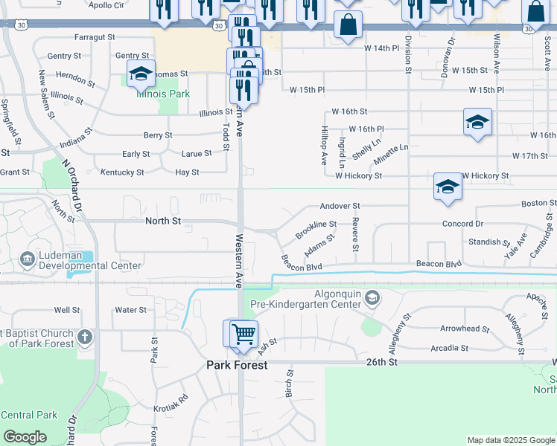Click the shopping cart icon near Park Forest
(x=243, y=333)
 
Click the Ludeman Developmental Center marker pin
(x=28, y=259)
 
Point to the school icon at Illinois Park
(x=140, y=74)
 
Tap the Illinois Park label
(x=162, y=94)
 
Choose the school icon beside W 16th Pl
(x=477, y=122)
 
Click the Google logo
(x=25, y=437)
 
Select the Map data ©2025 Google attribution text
(x=510, y=440)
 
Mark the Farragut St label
(x=95, y=36)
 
